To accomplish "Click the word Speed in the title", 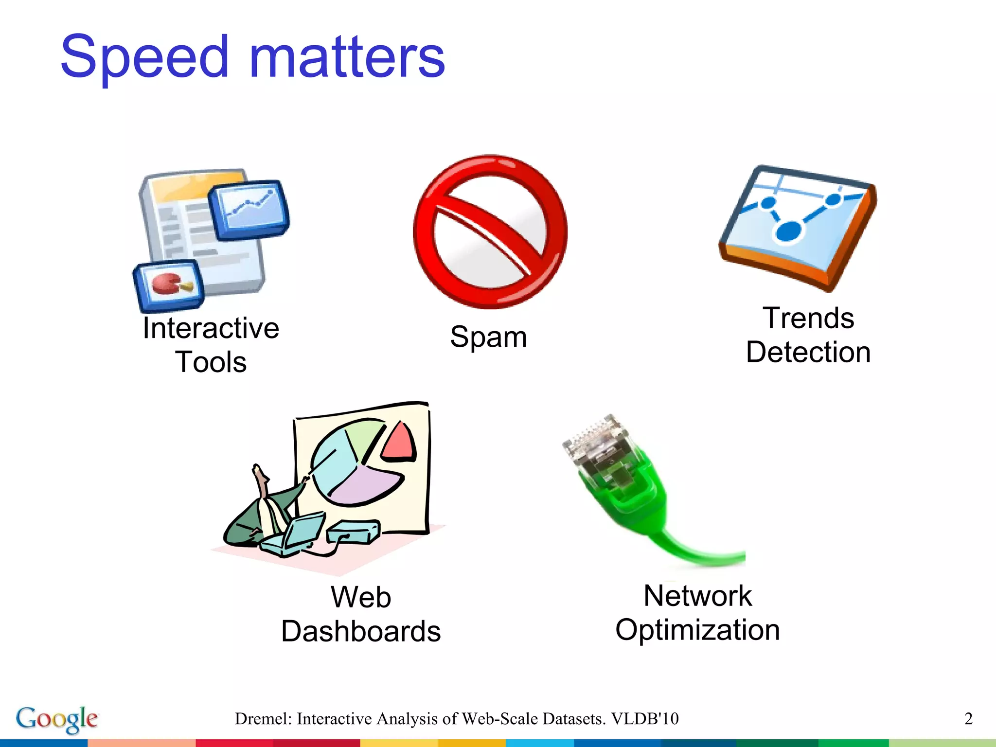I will pyautogui.click(x=144, y=57).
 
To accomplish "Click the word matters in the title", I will pyautogui.click(x=347, y=57).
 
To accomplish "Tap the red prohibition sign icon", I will pyautogui.click(x=490, y=231).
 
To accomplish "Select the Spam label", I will pyautogui.click(x=488, y=337).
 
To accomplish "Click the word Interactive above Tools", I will pyautogui.click(x=211, y=328).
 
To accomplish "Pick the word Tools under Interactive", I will pyautogui.click(x=211, y=362).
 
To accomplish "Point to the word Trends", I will pyautogui.click(x=808, y=319).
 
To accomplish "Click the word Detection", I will pyautogui.click(x=808, y=353).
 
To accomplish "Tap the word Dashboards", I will pyautogui.click(x=361, y=631).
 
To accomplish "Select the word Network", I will pyautogui.click(x=697, y=596).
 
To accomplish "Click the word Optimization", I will pyautogui.click(x=697, y=630).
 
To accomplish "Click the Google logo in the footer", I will pyautogui.click(x=57, y=719).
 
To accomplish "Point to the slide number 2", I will pyautogui.click(x=968, y=719).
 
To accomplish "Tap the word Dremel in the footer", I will pyautogui.click(x=263, y=719).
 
